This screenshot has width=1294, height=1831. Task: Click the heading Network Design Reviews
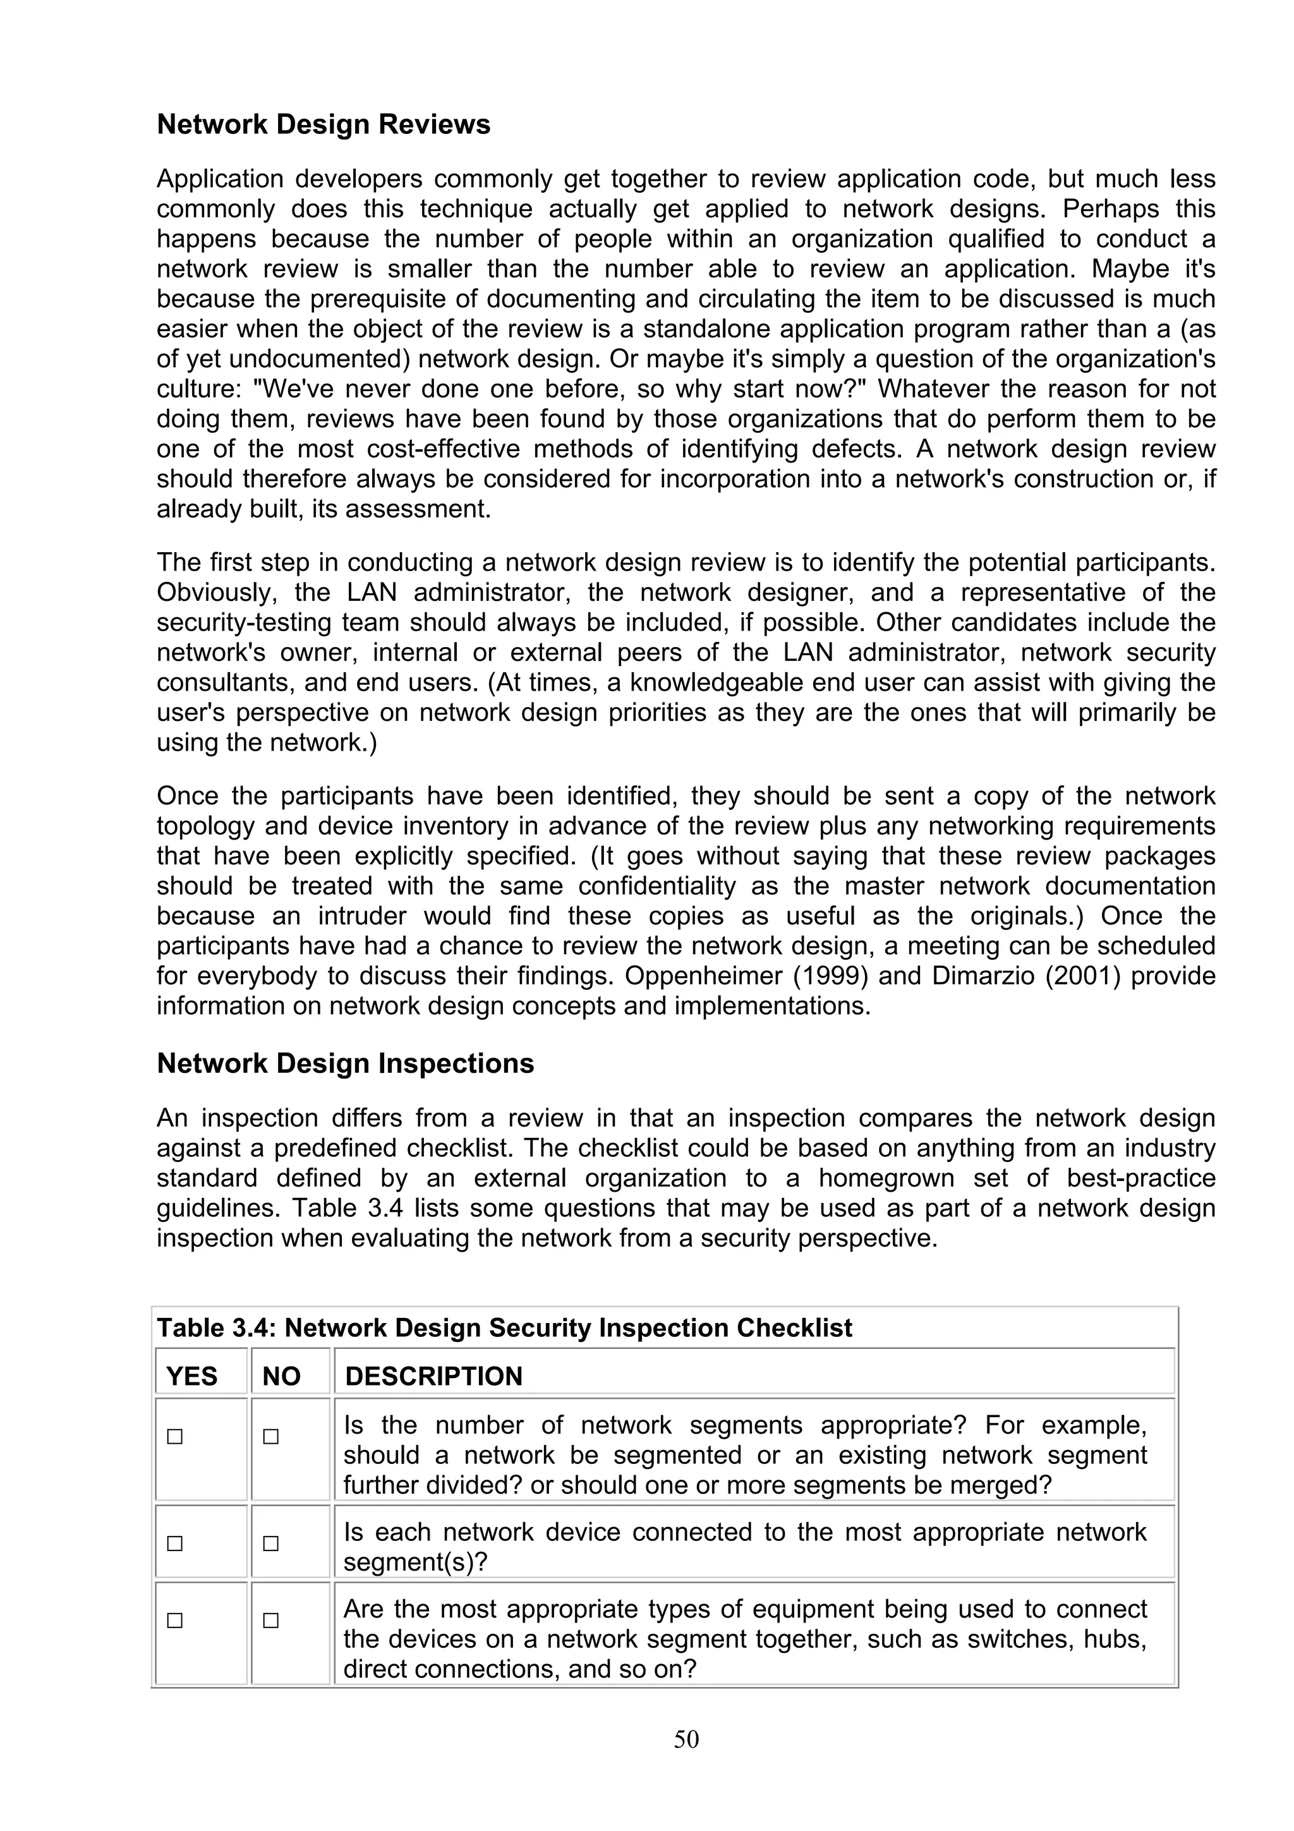323,124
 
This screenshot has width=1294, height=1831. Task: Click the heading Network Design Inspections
344,1063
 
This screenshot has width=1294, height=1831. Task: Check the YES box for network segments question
174,1436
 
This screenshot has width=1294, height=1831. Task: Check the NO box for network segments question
271,1436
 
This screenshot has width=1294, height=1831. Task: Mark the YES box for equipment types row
174,1621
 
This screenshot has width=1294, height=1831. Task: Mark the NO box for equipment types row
271,1621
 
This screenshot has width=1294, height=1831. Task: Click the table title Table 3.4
504,1328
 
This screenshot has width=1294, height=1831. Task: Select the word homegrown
886,1178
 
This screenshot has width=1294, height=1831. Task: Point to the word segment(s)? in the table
414,1561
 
